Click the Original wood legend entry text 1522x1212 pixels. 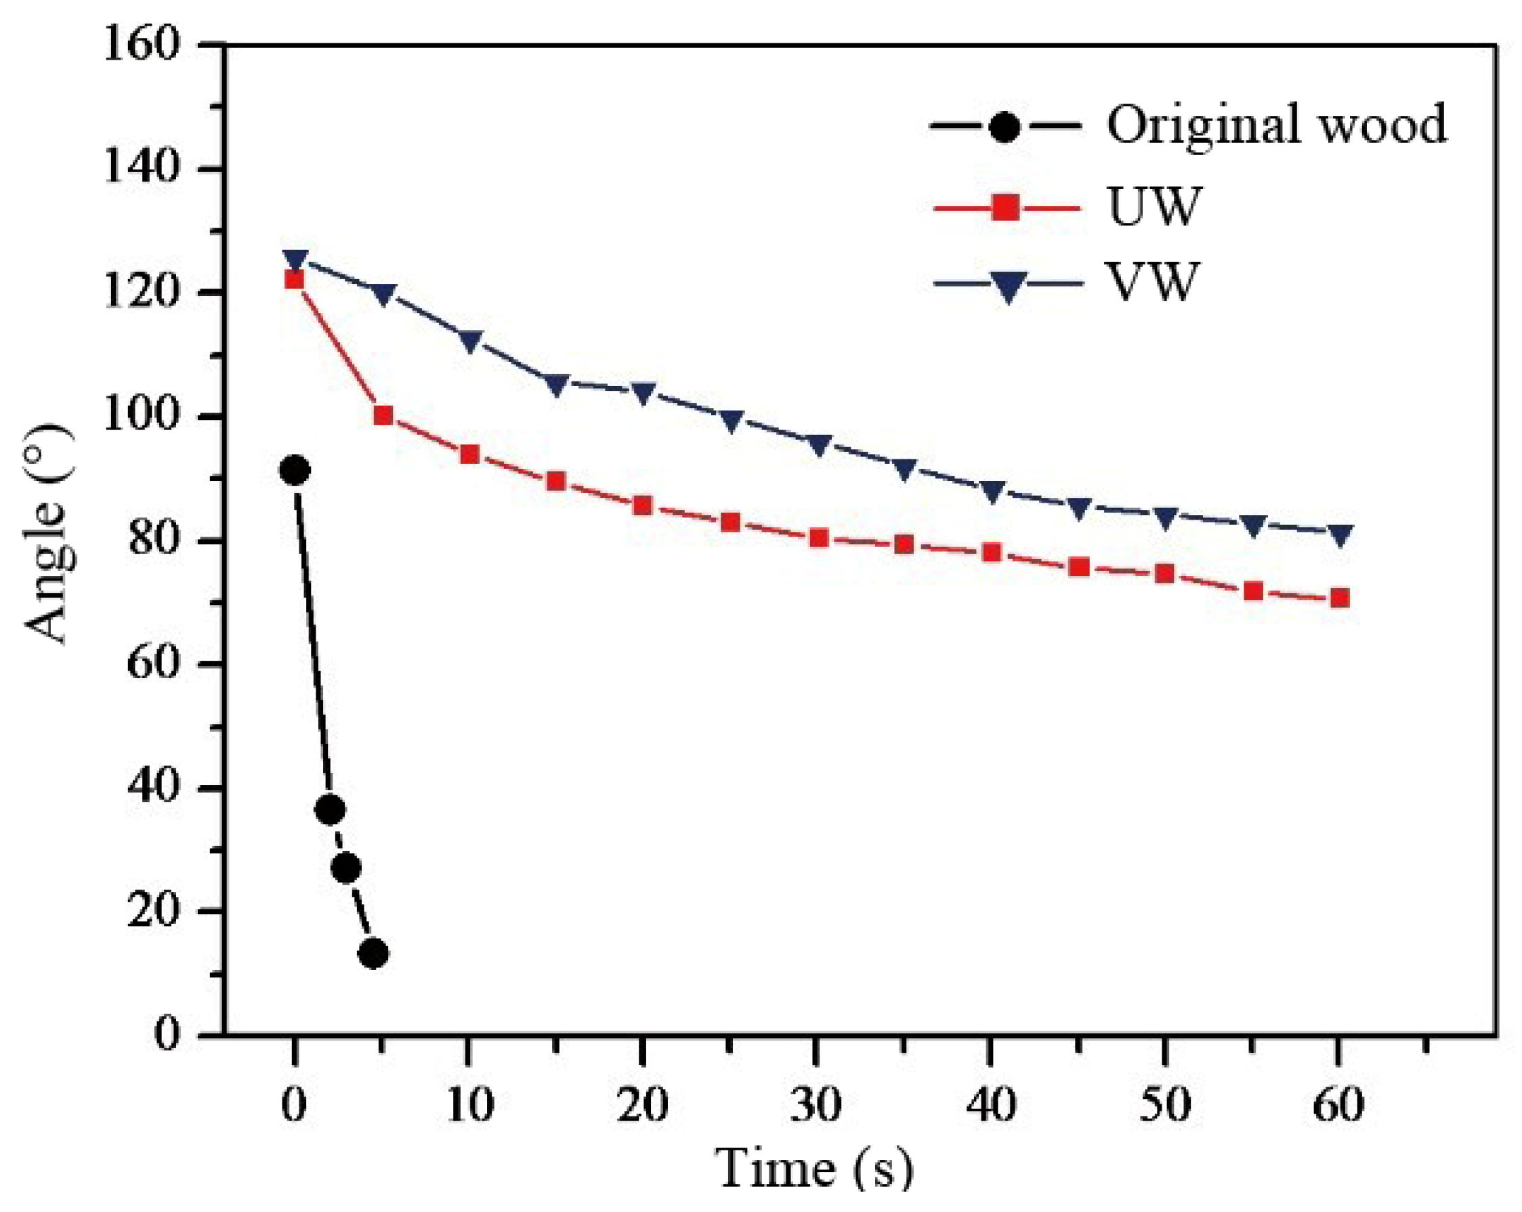click(x=1276, y=125)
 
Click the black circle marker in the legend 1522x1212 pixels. click(x=1005, y=127)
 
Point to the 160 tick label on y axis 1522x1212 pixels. click(x=140, y=46)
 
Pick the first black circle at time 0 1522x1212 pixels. click(x=295, y=470)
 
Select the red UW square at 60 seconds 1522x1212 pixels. click(x=1339, y=599)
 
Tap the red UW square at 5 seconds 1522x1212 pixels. click(x=383, y=415)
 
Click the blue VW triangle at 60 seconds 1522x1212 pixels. click(x=1339, y=535)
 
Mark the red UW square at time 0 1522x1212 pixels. click(x=295, y=280)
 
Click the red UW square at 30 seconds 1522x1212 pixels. click(x=818, y=539)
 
